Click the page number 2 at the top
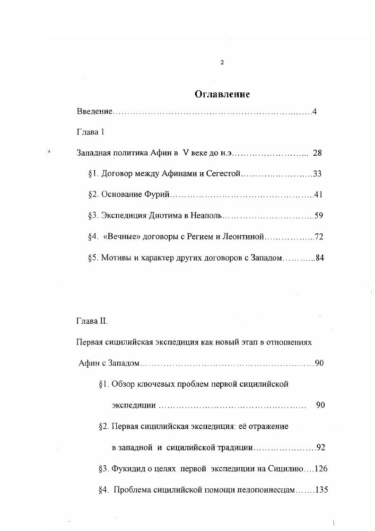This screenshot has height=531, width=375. tap(222, 62)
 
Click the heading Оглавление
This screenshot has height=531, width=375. tap(222, 94)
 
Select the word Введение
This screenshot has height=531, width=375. tap(95, 112)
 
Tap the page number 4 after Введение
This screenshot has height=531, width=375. tap(314, 112)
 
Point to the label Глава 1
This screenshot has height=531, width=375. tap(90, 132)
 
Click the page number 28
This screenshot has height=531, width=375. tap(317, 153)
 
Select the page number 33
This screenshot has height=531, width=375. tap(317, 174)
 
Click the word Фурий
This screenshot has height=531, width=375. tap(159, 195)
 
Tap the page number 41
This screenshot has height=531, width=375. tap(318, 195)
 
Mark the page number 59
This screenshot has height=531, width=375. tap(318, 216)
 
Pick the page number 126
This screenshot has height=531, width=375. tap(321, 469)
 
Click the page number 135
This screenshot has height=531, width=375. tap(321, 490)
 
